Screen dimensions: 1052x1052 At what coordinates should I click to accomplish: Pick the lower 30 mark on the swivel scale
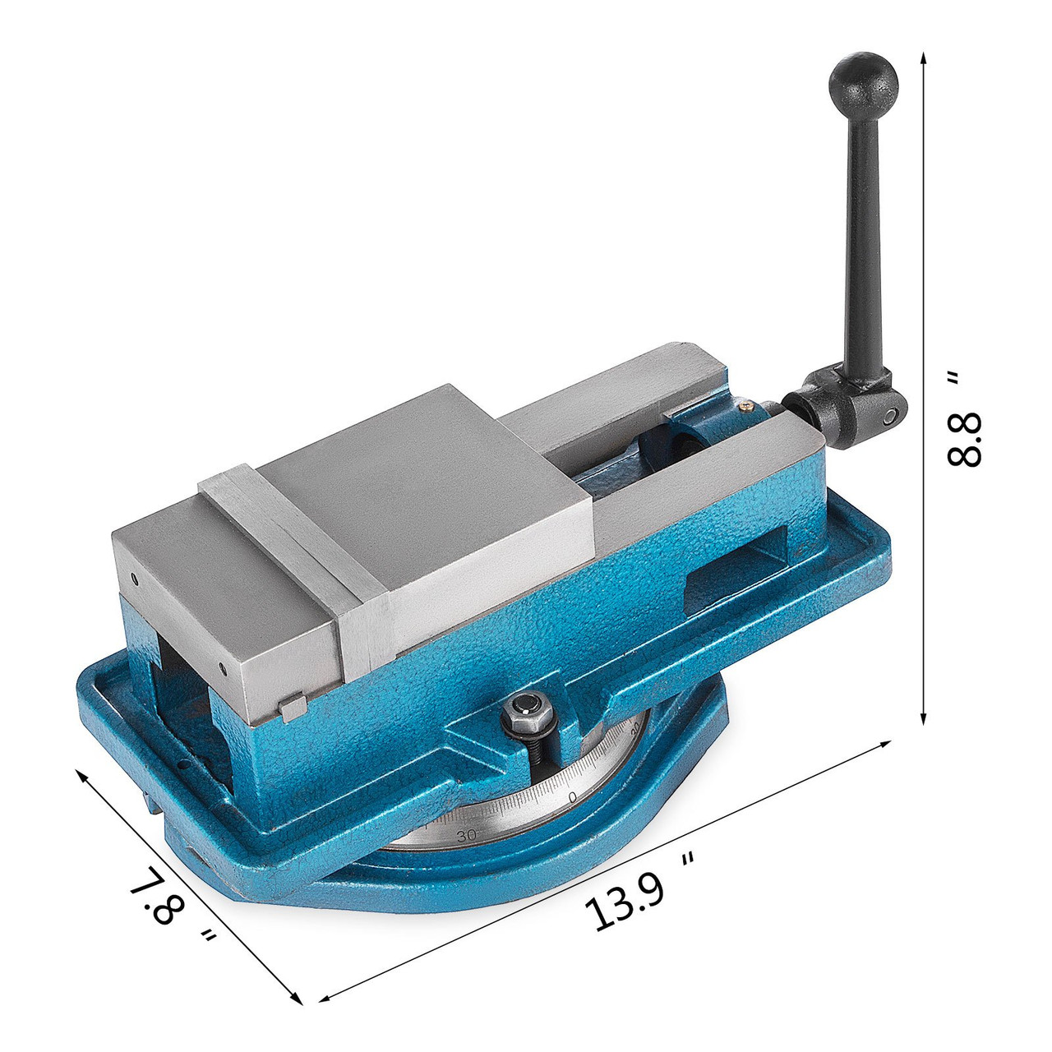point(466,835)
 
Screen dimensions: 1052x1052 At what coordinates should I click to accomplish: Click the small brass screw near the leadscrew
point(745,403)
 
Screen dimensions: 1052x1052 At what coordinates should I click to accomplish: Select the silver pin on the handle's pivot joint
point(888,415)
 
